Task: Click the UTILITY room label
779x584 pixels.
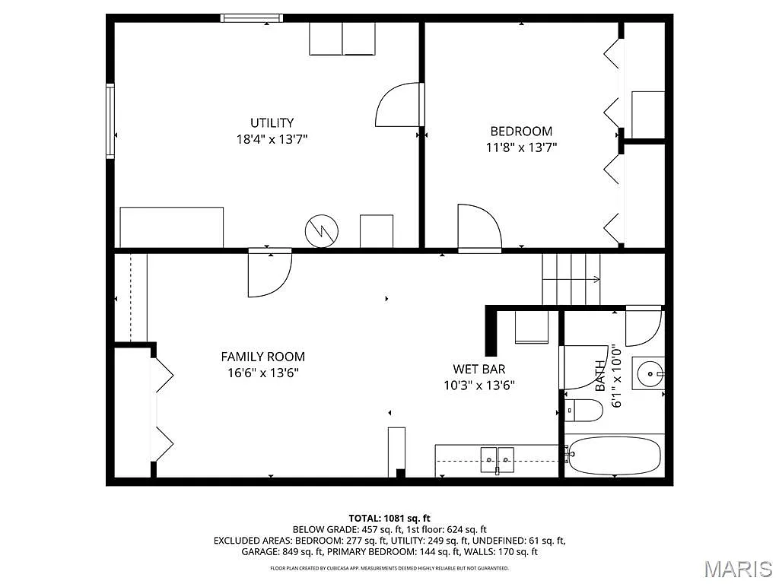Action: (272, 122)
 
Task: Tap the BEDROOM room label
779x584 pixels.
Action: (521, 131)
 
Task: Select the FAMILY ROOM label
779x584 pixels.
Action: (262, 356)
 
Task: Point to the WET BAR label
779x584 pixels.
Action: (479, 369)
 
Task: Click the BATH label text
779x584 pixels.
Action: (601, 376)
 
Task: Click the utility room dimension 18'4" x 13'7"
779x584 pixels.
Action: (272, 139)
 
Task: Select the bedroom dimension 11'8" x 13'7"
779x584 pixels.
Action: (521, 148)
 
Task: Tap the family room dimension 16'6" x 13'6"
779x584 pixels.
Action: (262, 373)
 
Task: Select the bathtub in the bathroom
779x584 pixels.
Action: (613, 455)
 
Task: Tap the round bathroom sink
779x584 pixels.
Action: (650, 373)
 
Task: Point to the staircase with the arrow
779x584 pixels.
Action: (571, 279)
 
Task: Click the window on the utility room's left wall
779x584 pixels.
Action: (110, 122)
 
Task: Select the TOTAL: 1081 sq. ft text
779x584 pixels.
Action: (389, 518)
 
